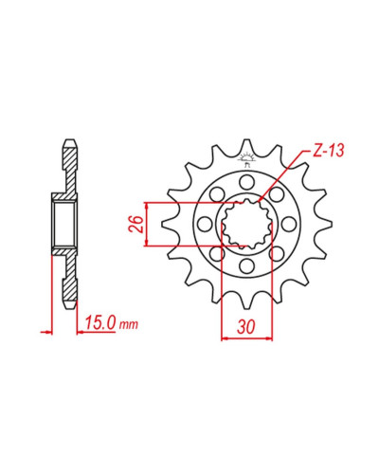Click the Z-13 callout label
pos(328,151)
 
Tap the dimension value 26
pos(135,224)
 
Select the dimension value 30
pos(246,327)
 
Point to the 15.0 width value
pos(99,323)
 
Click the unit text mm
pos(129,324)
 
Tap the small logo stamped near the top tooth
pos(246,160)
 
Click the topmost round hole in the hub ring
pos(246,183)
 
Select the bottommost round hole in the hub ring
pos(246,266)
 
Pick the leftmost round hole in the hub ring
pos(205,224)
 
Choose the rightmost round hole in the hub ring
pos(288,224)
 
